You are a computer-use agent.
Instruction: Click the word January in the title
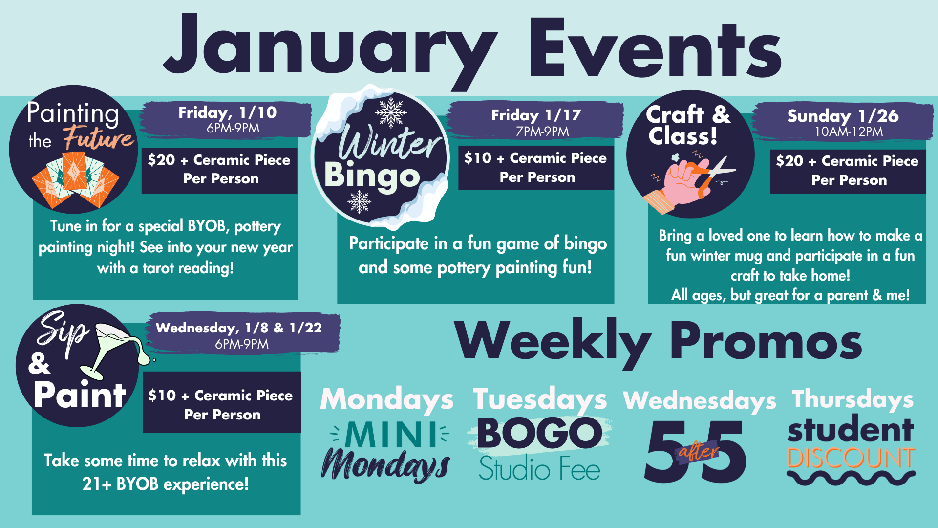point(330,51)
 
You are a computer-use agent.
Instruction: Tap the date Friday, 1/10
point(227,112)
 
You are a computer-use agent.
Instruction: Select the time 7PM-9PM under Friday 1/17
point(542,132)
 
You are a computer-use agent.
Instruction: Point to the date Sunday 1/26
point(843,116)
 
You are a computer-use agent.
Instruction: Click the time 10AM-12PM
point(849,132)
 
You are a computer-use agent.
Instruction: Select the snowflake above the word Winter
point(391,112)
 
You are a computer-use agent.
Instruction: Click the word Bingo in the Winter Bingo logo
point(372,176)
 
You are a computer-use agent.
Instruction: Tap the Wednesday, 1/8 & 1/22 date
point(239,328)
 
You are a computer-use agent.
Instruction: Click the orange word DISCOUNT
point(851,458)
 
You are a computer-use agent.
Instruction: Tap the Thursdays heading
point(853,399)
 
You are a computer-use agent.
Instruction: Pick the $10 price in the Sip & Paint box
point(162,395)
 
